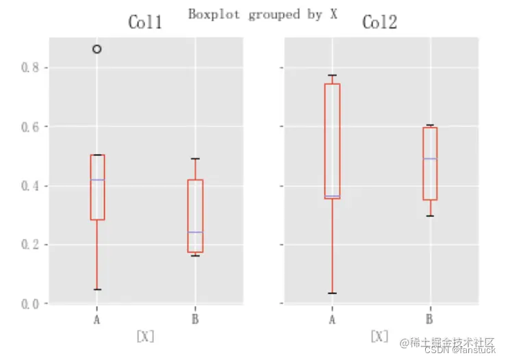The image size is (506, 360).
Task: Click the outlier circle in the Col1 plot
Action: pos(97,49)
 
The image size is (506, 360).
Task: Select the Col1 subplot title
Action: pos(145,23)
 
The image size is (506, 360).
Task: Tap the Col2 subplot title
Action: pos(379,23)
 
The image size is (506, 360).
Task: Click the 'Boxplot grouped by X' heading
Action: pos(263,14)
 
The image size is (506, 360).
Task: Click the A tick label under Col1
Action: pos(97,319)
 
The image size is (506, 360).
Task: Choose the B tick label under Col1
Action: pos(195,319)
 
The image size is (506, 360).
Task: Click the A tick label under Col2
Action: pos(332,319)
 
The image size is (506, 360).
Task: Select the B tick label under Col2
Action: pos(430,319)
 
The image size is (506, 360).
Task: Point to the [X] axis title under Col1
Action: pos(145,336)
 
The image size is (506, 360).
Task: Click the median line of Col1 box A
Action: pos(97,179)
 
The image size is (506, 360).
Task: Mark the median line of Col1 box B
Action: pos(195,232)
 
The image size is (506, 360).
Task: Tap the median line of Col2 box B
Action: pos(430,159)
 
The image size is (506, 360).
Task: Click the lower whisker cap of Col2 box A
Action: pos(332,293)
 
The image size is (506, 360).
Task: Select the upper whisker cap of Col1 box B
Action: pos(195,159)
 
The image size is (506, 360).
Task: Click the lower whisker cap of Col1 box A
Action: pos(97,290)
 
